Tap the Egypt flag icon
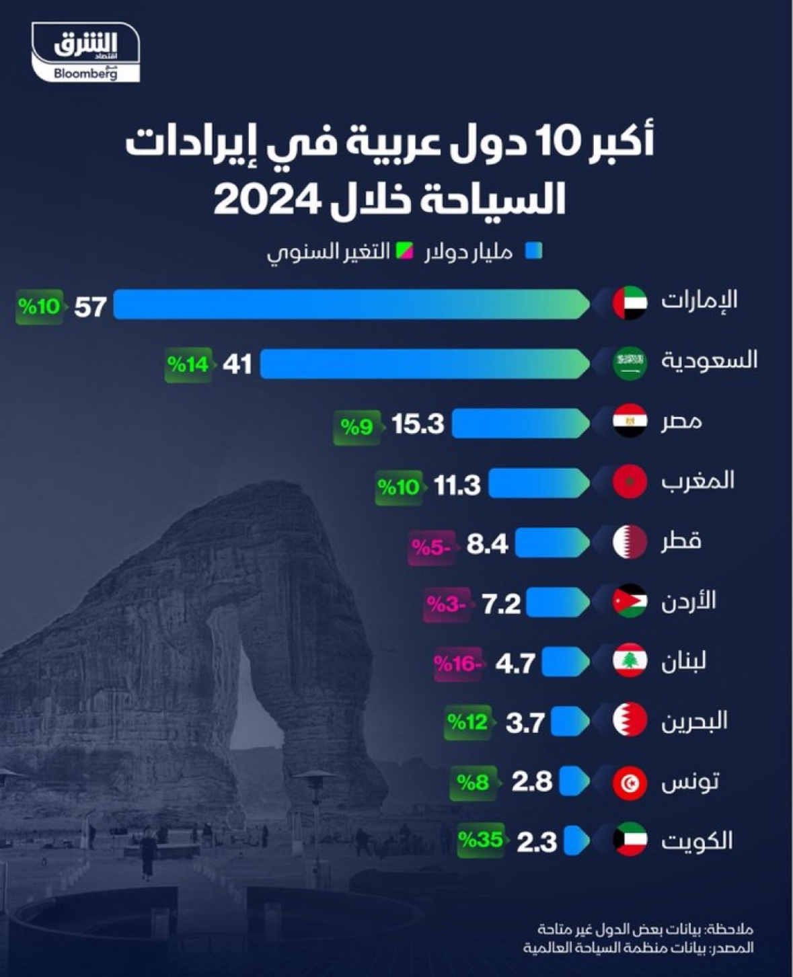pyautogui.click(x=630, y=422)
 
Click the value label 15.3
pyautogui.click(x=418, y=424)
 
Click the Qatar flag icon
pyautogui.click(x=630, y=542)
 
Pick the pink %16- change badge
pyautogui.click(x=457, y=664)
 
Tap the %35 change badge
pyautogui.click(x=480, y=841)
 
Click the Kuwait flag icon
pyautogui.click(x=630, y=840)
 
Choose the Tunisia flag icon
pyautogui.click(x=630, y=782)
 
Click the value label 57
pyautogui.click(x=90, y=307)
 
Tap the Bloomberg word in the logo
pyautogui.click(x=85, y=73)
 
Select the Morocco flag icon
pyautogui.click(x=630, y=481)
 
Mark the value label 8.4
pyautogui.click(x=487, y=544)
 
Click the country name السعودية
pyautogui.click(x=709, y=360)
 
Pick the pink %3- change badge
pyautogui.click(x=445, y=604)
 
